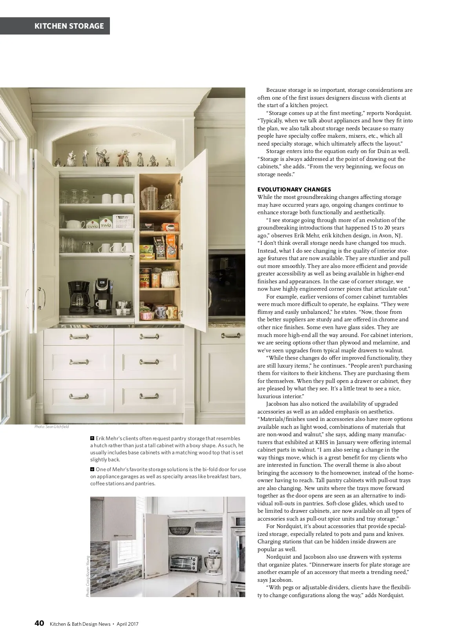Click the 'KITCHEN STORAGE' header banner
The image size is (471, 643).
coord(69,26)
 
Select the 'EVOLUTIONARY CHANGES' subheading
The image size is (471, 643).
coord(294,189)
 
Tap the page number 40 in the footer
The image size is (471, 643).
coord(39,623)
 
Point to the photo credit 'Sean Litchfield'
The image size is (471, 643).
coord(51,426)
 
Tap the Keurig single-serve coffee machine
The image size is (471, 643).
coord(102,295)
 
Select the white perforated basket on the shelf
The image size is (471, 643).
coord(123,221)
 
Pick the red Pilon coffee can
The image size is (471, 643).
coord(145,277)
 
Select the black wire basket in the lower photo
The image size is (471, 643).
coord(179,531)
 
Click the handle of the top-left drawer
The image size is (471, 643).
coord(79,337)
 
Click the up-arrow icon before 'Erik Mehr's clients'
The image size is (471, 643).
coord(92,438)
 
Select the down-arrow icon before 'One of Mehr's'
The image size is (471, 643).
coord(92,469)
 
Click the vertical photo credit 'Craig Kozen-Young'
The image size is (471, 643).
coord(88,576)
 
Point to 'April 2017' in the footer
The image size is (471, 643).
coord(127,624)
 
